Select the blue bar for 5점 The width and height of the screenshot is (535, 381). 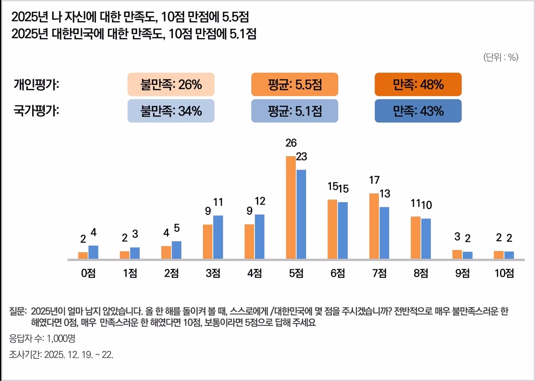301,214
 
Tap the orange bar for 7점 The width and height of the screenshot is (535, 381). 374,226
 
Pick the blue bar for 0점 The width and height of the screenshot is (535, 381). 93,252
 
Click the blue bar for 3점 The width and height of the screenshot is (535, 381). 218,237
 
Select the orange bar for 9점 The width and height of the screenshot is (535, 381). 457,255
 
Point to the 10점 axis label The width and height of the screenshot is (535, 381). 504,273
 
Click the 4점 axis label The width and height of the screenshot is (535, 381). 255,273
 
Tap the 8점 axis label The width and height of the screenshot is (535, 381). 421,273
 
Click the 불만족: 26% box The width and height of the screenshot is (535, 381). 171,84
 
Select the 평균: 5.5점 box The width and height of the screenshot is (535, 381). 295,84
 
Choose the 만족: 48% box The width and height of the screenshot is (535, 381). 418,84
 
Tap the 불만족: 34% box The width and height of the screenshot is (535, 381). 171,111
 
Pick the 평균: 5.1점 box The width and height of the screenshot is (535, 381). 295,111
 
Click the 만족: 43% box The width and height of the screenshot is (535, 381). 418,111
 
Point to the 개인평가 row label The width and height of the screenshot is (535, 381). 36,84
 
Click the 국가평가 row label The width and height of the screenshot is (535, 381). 36,111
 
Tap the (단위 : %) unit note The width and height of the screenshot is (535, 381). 501,57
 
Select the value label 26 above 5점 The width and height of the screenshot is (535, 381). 291,143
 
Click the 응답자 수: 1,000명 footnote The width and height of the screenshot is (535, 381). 42,338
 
